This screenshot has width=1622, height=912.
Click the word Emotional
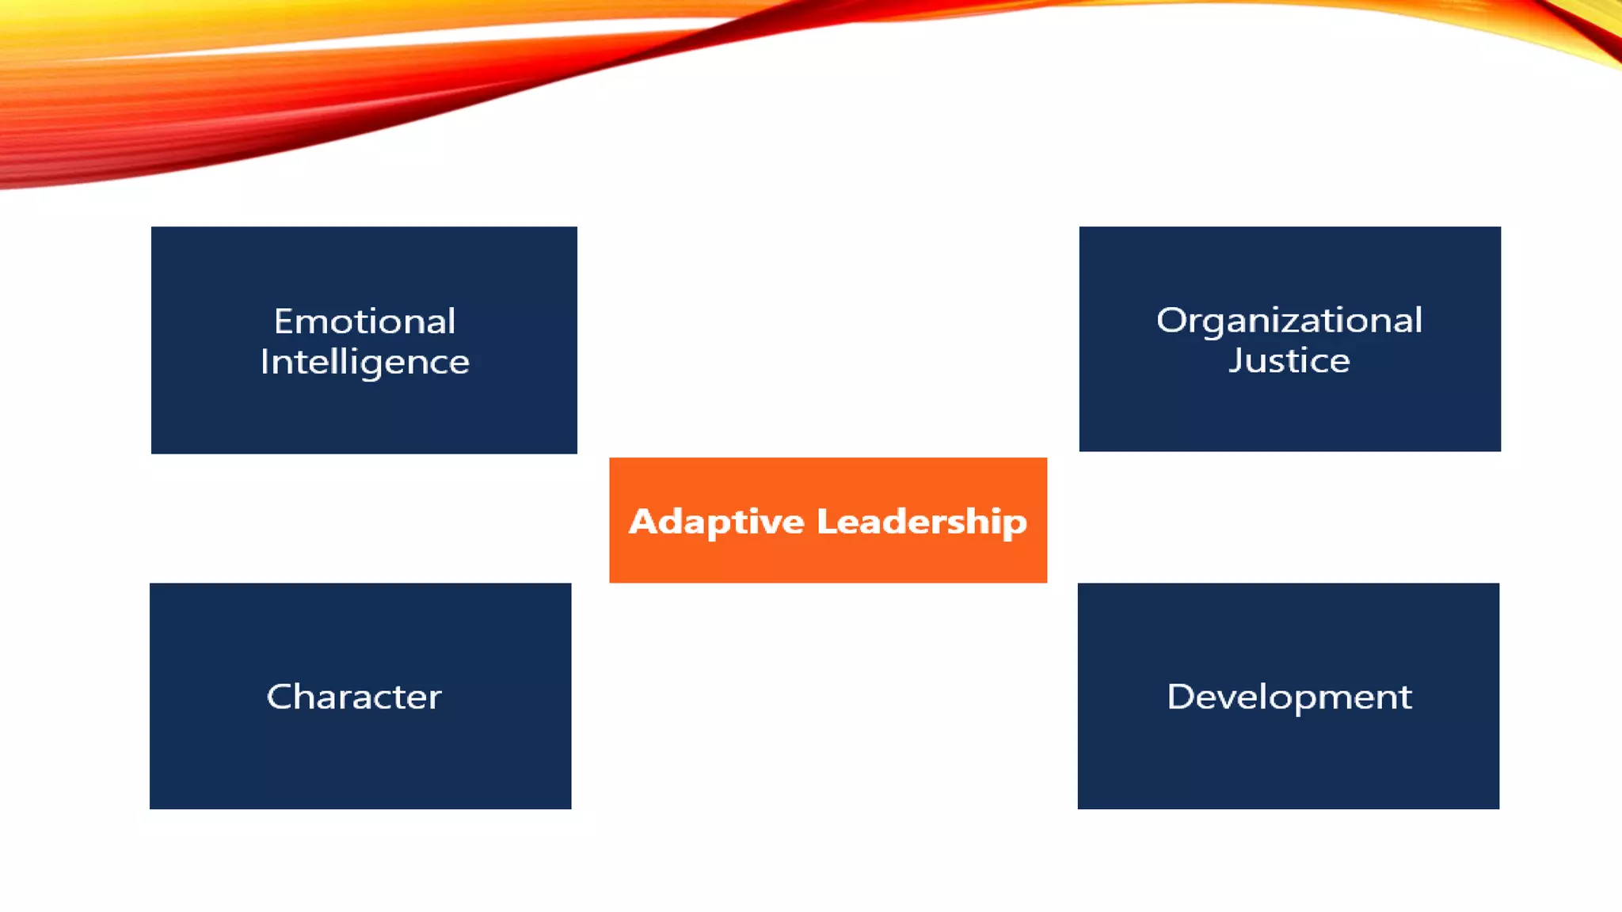pyautogui.click(x=364, y=321)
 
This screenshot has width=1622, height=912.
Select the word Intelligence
pyautogui.click(x=364, y=363)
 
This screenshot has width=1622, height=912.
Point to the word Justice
pyautogui.click(x=1289, y=361)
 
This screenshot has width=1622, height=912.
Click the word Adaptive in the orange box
pyautogui.click(x=716, y=522)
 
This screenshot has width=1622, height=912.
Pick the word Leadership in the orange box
pyautogui.click(x=921, y=522)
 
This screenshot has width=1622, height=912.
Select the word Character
pyautogui.click(x=354, y=697)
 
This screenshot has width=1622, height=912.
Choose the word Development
pyautogui.click(x=1289, y=697)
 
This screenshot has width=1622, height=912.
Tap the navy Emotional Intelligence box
pyautogui.click(x=364, y=412)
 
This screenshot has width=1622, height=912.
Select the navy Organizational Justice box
pyautogui.click(x=1289, y=412)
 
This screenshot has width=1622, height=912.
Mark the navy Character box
pyautogui.click(x=360, y=760)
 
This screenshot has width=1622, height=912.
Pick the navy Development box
pyautogui.click(x=1288, y=760)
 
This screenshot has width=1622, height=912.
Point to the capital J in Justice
pyautogui.click(x=1236, y=361)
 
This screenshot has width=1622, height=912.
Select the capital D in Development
pyautogui.click(x=1181, y=697)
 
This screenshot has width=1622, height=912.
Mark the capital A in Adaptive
pyautogui.click(x=643, y=521)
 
